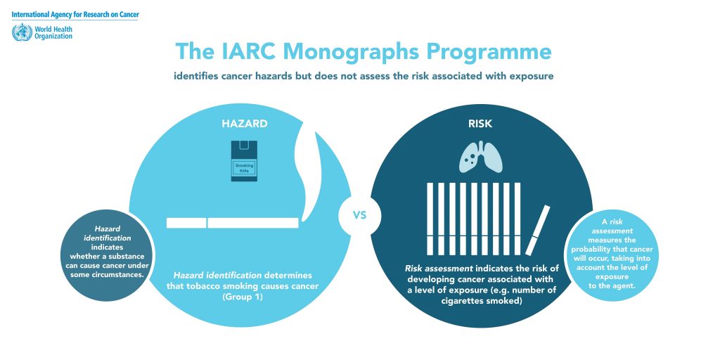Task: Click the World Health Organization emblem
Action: [x=22, y=32]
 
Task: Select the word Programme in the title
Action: [x=488, y=52]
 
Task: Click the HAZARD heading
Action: [x=244, y=124]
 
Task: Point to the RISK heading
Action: [x=480, y=124]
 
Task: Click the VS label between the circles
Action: [x=359, y=215]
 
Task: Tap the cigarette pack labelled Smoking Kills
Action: [x=244, y=161]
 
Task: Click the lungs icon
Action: [x=481, y=157]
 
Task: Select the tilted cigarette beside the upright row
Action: [x=537, y=230]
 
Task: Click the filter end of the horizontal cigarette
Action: [x=186, y=223]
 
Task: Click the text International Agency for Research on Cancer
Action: [x=75, y=15]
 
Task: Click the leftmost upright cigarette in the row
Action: [x=430, y=219]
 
